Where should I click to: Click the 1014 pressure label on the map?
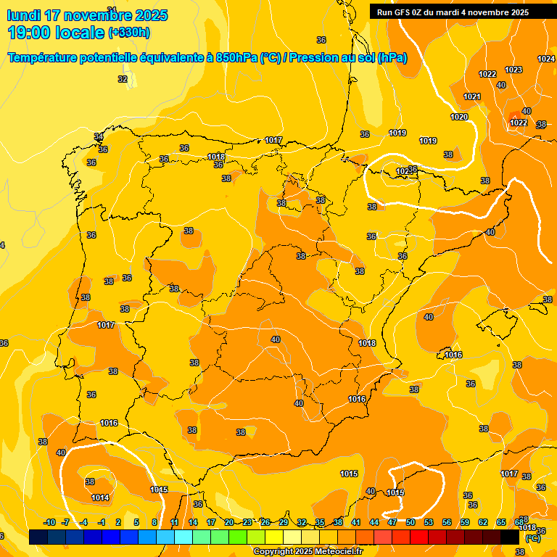click(100, 498)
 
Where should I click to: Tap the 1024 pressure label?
click(546, 59)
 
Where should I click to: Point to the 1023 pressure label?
click(513, 70)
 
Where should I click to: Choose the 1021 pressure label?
click(472, 96)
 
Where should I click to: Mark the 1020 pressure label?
click(459, 117)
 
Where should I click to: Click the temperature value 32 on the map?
click(123, 79)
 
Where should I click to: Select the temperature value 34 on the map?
click(99, 136)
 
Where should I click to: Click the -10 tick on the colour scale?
click(49, 522)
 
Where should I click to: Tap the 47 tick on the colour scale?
click(392, 522)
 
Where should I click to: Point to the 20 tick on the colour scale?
click(229, 522)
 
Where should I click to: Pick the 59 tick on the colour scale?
click(465, 522)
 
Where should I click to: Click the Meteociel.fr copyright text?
click(307, 552)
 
